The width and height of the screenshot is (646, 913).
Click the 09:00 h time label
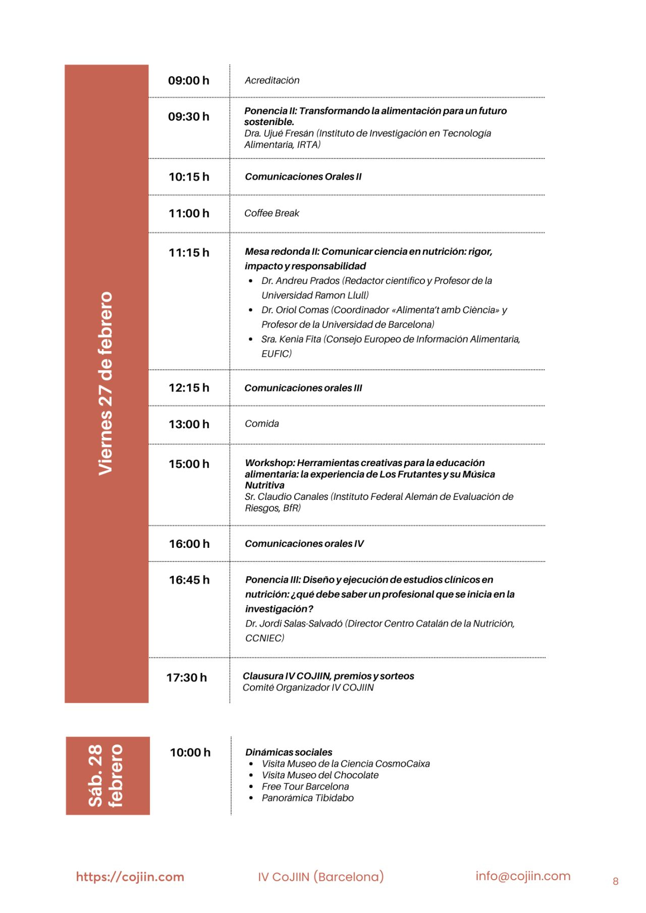pyautogui.click(x=188, y=81)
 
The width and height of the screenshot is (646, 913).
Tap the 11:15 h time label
pyautogui.click(x=189, y=253)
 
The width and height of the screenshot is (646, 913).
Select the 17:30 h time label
pyautogui.click(x=187, y=677)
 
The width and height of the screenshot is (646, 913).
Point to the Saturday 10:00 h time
pyautogui.click(x=190, y=753)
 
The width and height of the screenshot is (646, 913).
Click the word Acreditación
pyautogui.click(x=272, y=81)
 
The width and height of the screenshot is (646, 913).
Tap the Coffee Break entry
pyautogui.click(x=272, y=213)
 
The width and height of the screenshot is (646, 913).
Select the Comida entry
pyautogui.click(x=261, y=424)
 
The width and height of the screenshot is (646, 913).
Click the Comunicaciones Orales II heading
pyautogui.click(x=303, y=177)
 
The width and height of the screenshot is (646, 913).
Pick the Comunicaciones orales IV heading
pyautogui.click(x=304, y=544)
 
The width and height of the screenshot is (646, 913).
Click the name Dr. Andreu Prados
pyautogui.click(x=300, y=281)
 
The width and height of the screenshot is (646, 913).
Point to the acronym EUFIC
pyautogui.click(x=276, y=354)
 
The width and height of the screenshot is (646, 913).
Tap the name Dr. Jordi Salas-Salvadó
pyautogui.click(x=294, y=624)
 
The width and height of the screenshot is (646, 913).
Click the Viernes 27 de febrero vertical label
pyautogui.click(x=106, y=383)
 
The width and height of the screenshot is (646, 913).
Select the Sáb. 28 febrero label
pyautogui.click(x=106, y=776)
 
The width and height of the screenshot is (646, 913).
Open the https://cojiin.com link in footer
pyautogui.click(x=130, y=877)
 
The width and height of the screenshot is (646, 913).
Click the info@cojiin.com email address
pyautogui.click(x=522, y=876)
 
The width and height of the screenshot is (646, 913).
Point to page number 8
pyautogui.click(x=615, y=881)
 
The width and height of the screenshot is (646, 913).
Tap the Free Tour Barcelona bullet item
pyautogui.click(x=305, y=787)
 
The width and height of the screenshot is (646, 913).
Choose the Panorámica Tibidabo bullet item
pyautogui.click(x=307, y=798)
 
